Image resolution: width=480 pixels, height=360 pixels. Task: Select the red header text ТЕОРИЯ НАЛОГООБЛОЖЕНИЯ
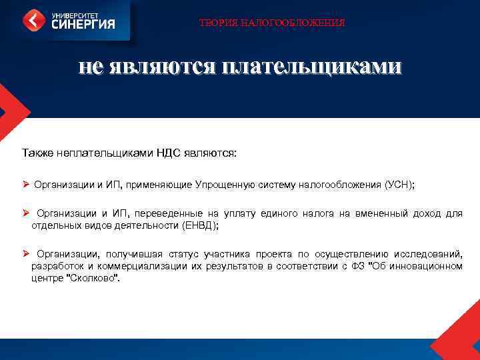tap(273, 23)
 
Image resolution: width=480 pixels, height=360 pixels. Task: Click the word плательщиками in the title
tap(312, 67)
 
